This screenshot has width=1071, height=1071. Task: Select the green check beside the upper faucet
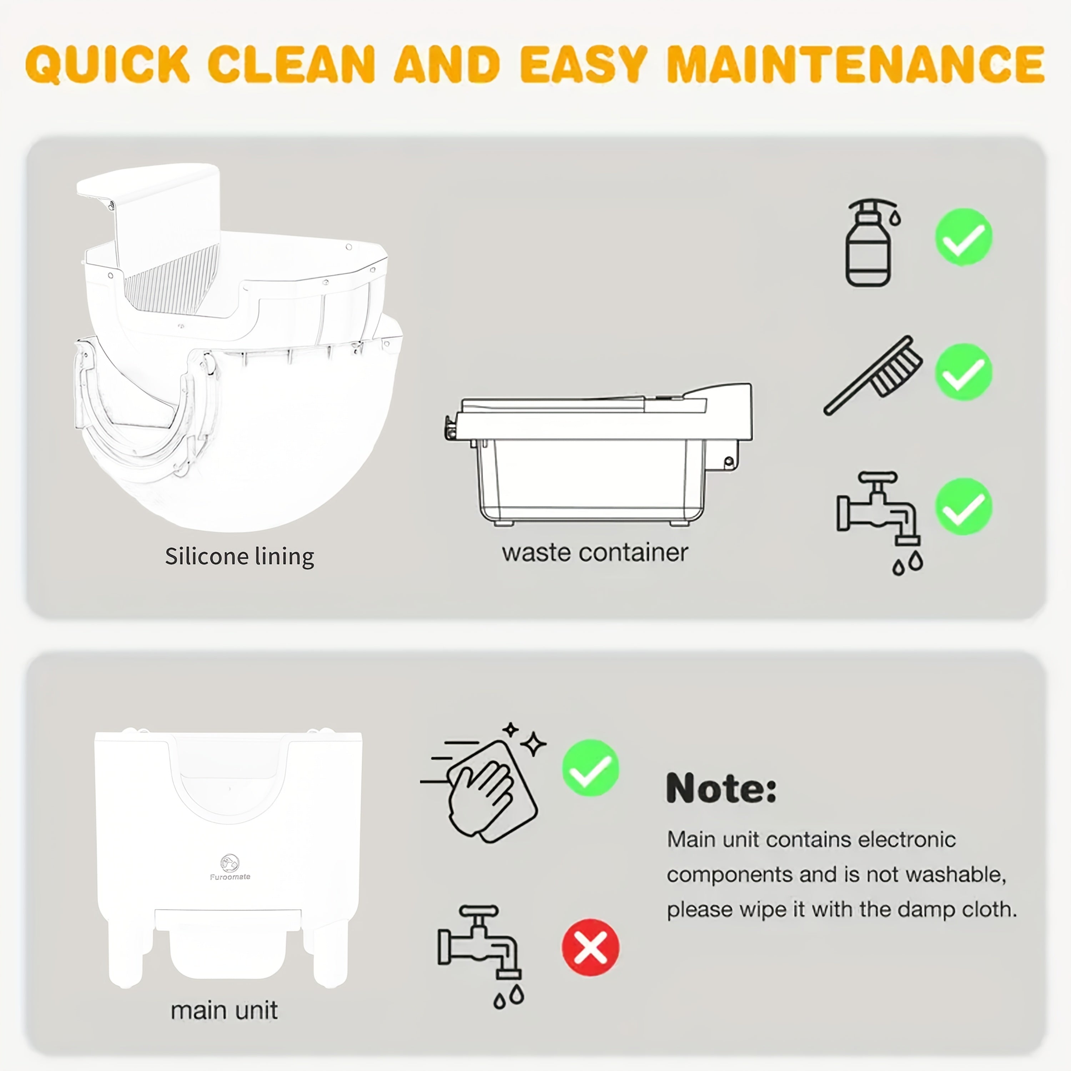[x=964, y=506]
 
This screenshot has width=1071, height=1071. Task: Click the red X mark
[x=590, y=947]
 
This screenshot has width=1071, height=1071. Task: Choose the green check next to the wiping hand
[x=590, y=768]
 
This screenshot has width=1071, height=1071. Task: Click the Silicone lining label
[x=240, y=556]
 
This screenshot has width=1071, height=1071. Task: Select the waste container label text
[x=595, y=553]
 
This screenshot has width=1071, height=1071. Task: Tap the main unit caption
[x=224, y=1010]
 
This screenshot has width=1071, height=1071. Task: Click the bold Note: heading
[x=721, y=788]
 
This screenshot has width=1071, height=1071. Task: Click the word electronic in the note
[x=906, y=840]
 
